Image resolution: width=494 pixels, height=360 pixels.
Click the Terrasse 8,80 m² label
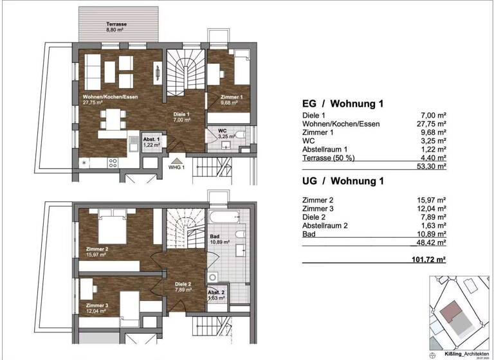117,26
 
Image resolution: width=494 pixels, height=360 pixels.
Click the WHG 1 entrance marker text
177,168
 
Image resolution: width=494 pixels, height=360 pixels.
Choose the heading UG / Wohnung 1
343,181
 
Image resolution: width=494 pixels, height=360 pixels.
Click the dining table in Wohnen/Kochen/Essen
113,118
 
